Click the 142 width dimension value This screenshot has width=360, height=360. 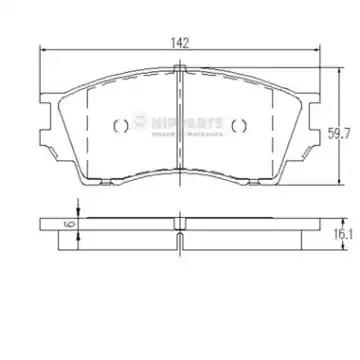point(180,43)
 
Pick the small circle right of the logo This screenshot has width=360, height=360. point(239,124)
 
